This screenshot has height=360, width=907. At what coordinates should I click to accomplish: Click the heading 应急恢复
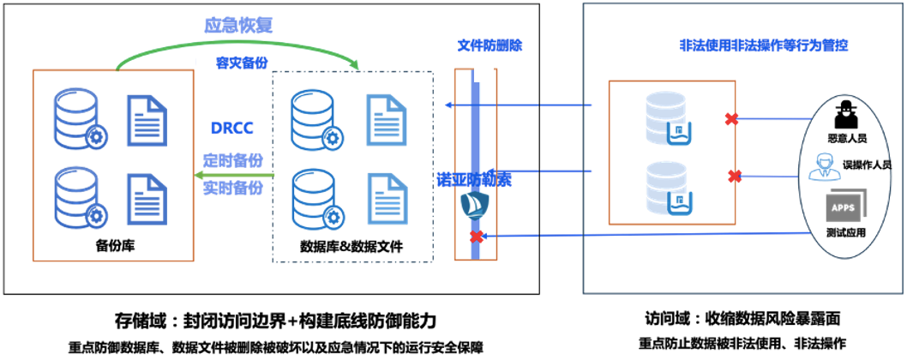click(x=238, y=27)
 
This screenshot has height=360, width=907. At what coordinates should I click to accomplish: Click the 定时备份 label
click(x=232, y=160)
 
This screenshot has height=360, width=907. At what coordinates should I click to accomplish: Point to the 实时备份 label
click(x=232, y=186)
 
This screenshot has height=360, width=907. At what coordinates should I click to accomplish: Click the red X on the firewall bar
click(x=475, y=236)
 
